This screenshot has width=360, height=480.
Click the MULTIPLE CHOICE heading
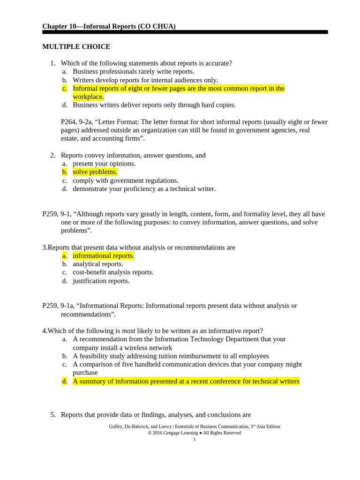tap(76, 47)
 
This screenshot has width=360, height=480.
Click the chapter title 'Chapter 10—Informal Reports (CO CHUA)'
tap(109, 26)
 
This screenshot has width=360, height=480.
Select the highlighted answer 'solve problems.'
tap(95, 172)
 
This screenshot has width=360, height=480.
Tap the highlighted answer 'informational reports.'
tap(103, 255)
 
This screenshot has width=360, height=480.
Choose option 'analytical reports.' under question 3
tap(98, 264)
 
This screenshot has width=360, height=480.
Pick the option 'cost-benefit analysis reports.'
tap(113, 272)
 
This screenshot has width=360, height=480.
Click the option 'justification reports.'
tap(101, 281)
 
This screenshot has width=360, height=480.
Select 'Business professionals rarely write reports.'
tap(133, 72)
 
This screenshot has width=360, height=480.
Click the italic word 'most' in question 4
tap(128, 331)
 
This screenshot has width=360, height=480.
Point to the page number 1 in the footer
tap(195, 439)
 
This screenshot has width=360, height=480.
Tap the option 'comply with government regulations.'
tap(126, 180)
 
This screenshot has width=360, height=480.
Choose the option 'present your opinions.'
tap(104, 164)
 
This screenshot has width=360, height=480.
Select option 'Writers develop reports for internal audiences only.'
tap(145, 80)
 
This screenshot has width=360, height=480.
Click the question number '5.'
tap(53, 415)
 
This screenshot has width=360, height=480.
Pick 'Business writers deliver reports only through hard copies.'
tap(154, 105)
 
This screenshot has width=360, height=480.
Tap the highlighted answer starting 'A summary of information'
tap(186, 381)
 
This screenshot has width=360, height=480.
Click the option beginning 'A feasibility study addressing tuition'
tap(171, 356)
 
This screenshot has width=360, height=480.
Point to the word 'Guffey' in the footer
tap(116, 427)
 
